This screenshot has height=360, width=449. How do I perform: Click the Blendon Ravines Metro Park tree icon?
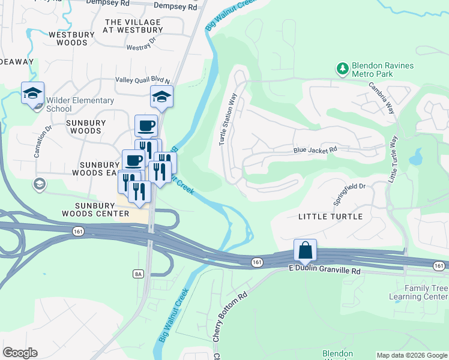343,69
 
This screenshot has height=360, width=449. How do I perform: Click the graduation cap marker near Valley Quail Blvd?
161,96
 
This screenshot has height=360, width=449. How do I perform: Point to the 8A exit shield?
138,274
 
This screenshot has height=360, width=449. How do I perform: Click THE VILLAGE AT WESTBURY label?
133,26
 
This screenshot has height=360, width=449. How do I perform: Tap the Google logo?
20,353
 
